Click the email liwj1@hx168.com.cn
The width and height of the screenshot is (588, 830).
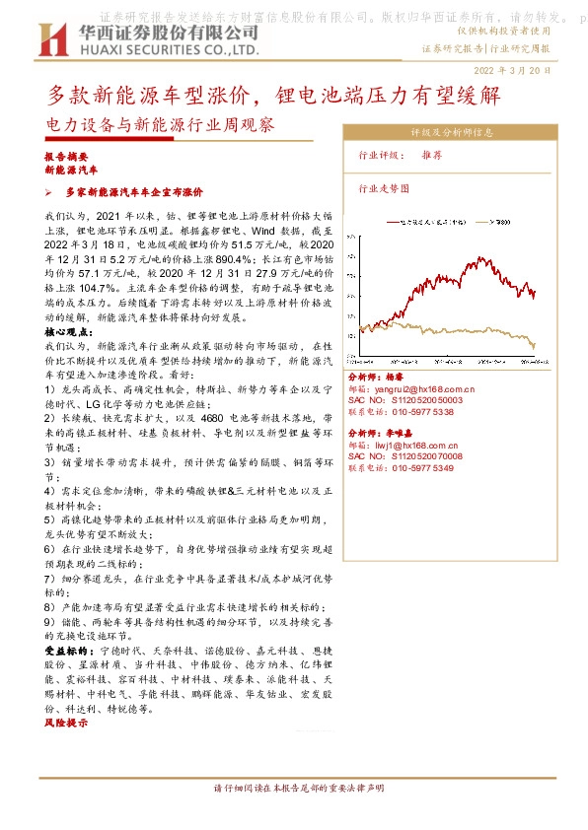click(421, 447)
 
